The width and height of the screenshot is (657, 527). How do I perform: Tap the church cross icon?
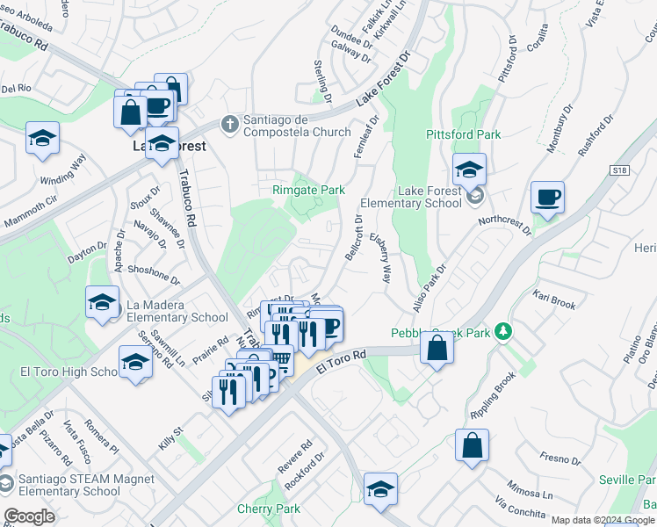[x=231, y=122]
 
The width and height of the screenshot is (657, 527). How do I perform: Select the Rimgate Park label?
[x=308, y=190]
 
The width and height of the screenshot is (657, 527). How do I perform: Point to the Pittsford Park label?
[x=463, y=134]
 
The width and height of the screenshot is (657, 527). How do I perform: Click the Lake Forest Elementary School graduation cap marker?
[x=470, y=168]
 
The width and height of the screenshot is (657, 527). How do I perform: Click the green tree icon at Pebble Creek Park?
[x=503, y=332]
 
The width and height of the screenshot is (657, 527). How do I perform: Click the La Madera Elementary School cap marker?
[x=103, y=302]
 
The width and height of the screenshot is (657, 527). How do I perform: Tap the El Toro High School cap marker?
[x=135, y=363]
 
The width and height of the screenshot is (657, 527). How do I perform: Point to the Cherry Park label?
[x=269, y=509]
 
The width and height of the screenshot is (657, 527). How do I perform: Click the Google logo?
[x=29, y=516]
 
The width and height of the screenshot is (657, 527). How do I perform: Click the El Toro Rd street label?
[x=341, y=362]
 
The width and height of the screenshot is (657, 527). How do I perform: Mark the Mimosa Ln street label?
[x=524, y=489]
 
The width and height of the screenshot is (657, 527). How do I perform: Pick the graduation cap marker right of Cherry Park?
[x=380, y=488]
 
